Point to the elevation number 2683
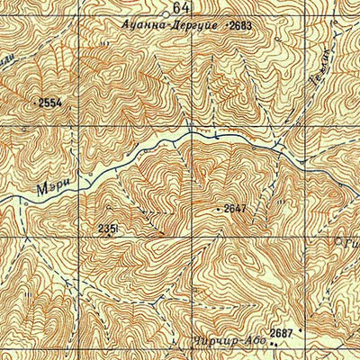coord(241,26)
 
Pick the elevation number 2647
coord(235,209)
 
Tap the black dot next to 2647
coord(219,210)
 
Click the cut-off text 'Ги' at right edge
coord(351,240)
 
